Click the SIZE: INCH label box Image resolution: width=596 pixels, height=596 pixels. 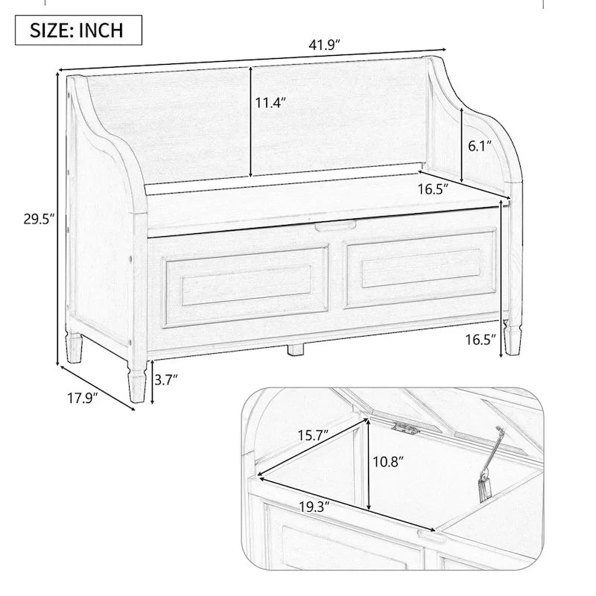click(76, 31)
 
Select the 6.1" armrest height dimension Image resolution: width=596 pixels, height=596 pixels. click(478, 146)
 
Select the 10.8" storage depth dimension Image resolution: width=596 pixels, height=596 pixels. click(387, 462)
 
